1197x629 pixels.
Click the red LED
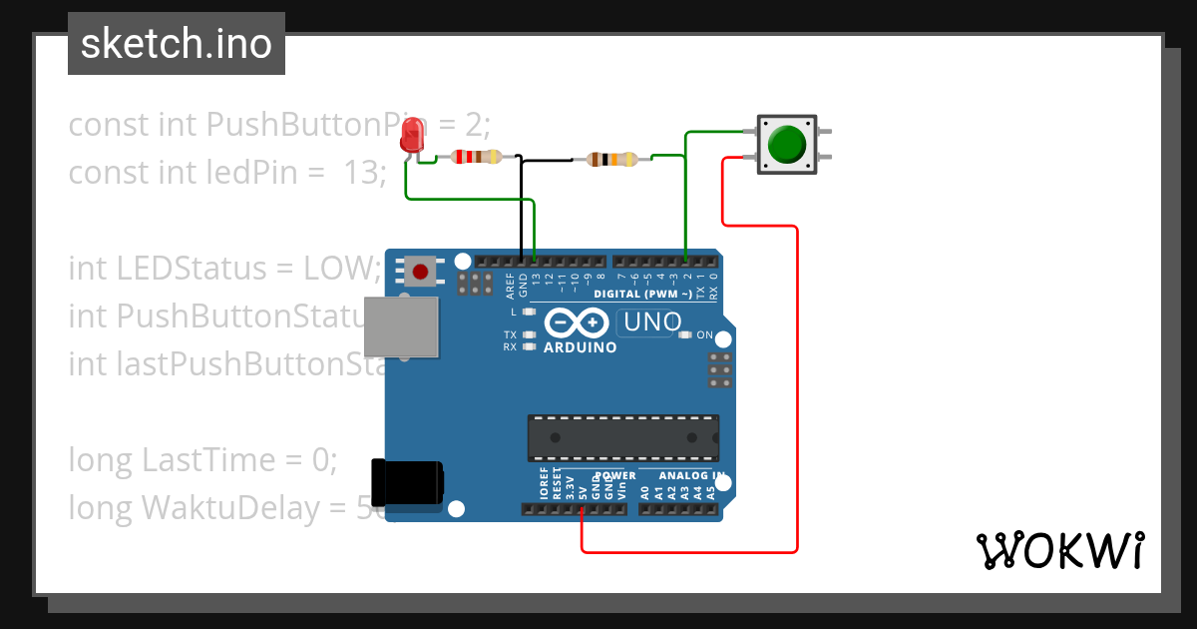pos(411,136)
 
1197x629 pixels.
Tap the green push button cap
pos(787,144)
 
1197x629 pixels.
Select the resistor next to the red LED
pos(477,157)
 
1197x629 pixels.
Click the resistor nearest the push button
pos(611,159)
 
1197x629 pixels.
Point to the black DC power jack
pos(406,482)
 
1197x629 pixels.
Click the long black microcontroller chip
pos(622,438)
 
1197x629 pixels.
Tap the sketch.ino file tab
pos(177,44)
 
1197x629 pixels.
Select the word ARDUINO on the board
pos(580,348)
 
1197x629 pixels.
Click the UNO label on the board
pos(652,321)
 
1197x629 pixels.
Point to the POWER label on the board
pos(614,476)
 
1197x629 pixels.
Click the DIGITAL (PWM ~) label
pos(642,295)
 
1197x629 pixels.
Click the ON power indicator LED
pos(684,335)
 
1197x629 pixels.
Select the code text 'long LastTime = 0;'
pos(203,460)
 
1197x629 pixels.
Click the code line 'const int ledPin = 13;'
pos(227,173)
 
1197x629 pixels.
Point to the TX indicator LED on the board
pos(530,334)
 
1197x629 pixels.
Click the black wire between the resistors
pos(549,159)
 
